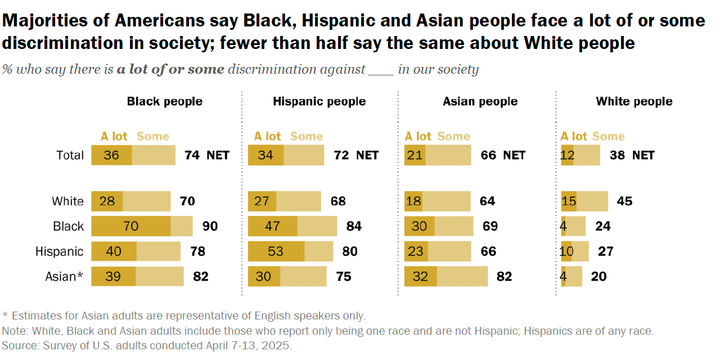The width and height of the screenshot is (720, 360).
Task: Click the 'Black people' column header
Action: pos(164,102)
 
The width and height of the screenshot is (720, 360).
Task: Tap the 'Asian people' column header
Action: pos(479,102)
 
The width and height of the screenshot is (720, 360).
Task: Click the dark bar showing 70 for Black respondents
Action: pos(131,226)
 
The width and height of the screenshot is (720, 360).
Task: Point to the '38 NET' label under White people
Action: pos(631,155)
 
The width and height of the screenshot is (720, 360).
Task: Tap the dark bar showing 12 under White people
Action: pos(569,155)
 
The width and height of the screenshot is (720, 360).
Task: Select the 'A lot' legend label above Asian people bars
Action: pos(417,136)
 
